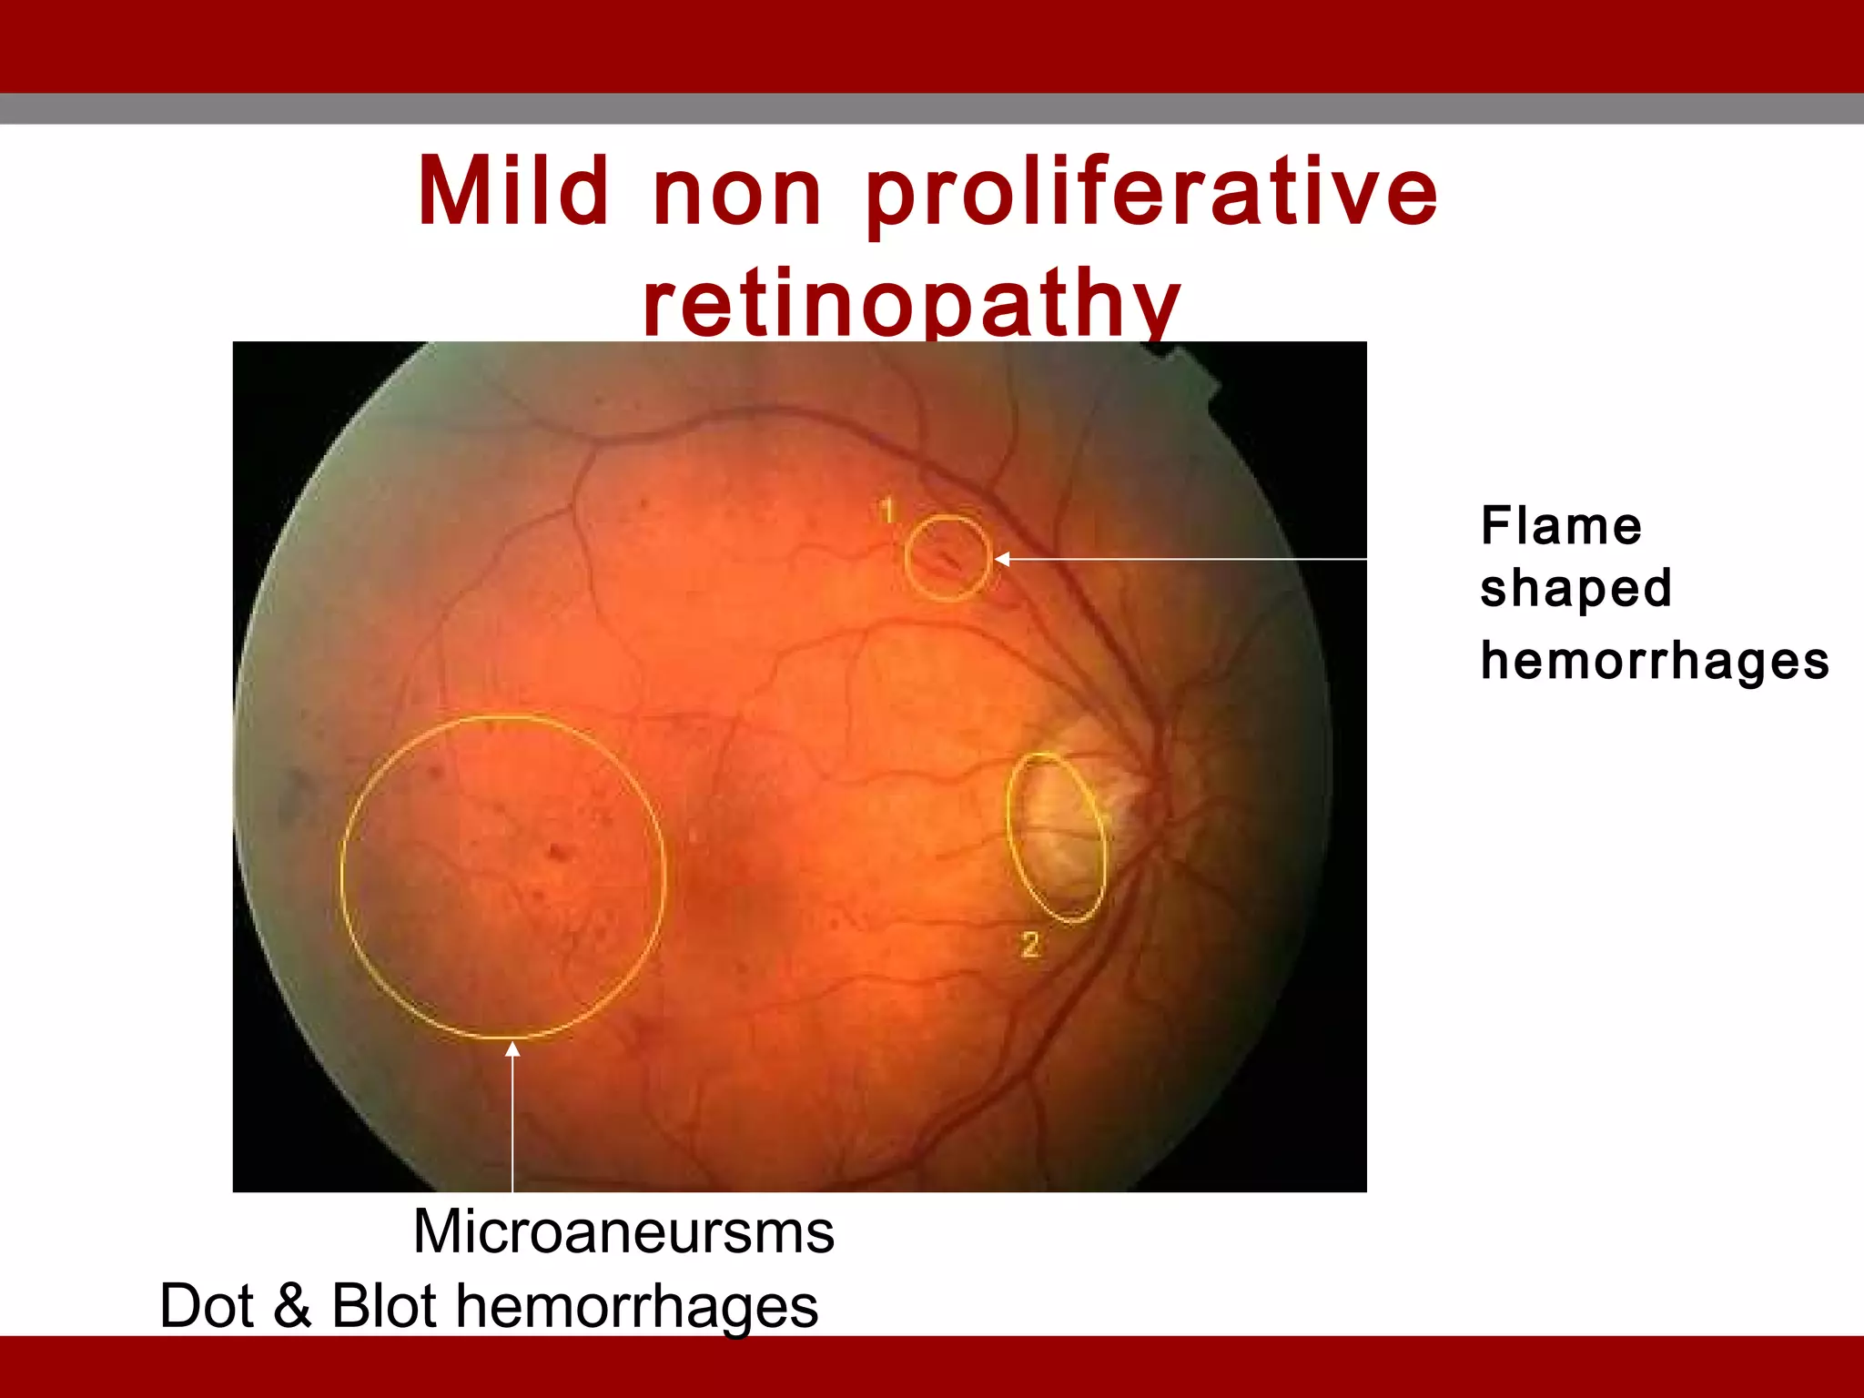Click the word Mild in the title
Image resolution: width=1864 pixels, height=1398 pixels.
(x=512, y=191)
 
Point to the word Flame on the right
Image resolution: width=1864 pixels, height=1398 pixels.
(x=1561, y=526)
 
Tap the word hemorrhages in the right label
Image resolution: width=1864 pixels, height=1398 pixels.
(x=1654, y=661)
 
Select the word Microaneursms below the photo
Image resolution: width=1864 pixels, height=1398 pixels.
(x=623, y=1231)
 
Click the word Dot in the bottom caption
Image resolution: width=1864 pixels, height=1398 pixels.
(x=207, y=1306)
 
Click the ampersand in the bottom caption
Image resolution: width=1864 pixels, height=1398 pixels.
(x=292, y=1306)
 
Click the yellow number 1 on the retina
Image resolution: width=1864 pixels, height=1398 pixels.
(x=887, y=511)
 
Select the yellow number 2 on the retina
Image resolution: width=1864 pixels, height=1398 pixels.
(x=1029, y=945)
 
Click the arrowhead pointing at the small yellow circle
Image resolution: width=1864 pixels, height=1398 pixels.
(x=1002, y=559)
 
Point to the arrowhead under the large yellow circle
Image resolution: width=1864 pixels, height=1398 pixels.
(x=512, y=1050)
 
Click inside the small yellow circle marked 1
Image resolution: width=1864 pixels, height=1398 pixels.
(x=947, y=558)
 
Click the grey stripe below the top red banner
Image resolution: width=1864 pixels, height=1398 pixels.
(x=932, y=108)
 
